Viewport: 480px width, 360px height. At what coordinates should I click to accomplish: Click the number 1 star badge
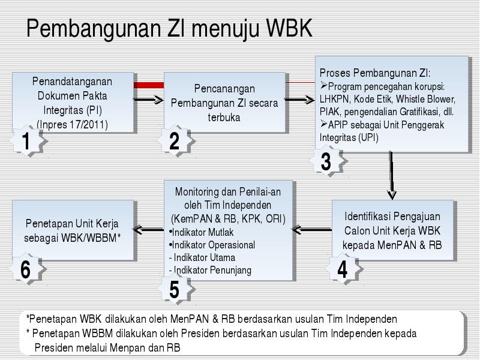point(28,141)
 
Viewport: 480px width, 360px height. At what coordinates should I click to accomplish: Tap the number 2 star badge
point(176,141)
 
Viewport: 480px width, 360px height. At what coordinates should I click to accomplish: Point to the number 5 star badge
point(176,289)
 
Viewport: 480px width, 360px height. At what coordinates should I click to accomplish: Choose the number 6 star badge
point(27,269)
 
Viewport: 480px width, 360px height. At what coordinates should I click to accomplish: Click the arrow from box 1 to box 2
point(149,100)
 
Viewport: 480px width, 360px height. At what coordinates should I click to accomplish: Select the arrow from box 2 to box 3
point(300,100)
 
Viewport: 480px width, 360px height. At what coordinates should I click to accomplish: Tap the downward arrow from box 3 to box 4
point(392,175)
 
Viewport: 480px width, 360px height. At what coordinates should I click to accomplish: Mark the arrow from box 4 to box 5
point(312,229)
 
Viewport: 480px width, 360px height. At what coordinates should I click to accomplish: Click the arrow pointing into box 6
point(148,229)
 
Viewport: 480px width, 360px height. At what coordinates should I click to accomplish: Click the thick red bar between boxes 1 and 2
point(149,85)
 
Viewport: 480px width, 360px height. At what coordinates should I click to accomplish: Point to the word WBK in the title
point(289,28)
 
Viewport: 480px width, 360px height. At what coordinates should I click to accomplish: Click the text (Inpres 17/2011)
point(72,125)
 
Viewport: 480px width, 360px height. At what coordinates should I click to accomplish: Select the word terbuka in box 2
point(224,117)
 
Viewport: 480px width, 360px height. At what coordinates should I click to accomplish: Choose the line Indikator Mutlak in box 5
point(201,232)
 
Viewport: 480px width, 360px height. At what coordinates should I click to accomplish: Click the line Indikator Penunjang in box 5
point(210,271)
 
